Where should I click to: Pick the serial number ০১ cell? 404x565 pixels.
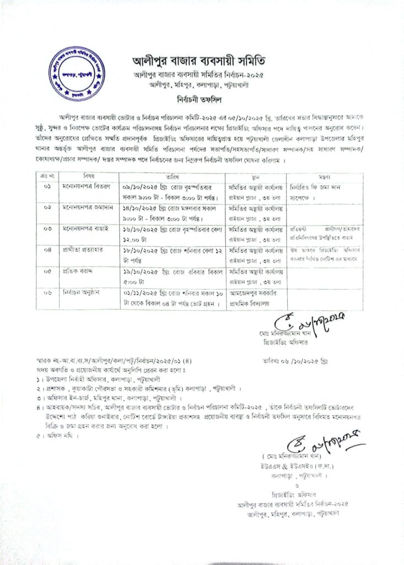coord(48,187)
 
